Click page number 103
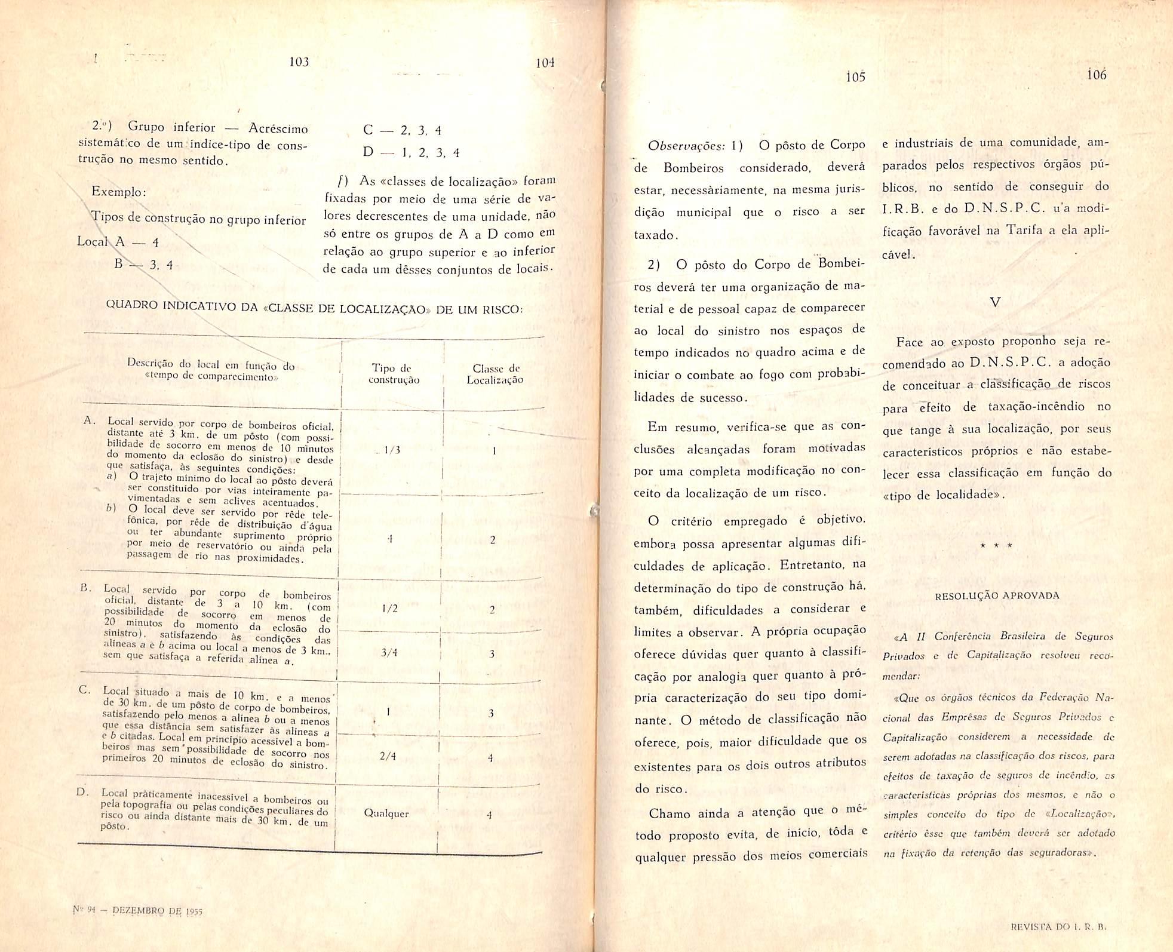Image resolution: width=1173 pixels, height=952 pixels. pos(299,62)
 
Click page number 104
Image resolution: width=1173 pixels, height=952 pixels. pos(545,63)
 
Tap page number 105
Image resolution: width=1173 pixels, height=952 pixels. pos(855,77)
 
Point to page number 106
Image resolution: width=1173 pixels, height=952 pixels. pos(1097,75)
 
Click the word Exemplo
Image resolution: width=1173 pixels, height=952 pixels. pos(118,192)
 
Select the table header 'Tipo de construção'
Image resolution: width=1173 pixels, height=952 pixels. pos(394,374)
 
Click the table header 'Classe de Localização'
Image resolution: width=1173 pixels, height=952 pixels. pos(495,374)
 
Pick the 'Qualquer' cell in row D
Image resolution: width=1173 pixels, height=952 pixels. pos(386,813)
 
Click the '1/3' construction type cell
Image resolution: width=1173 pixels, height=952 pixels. pos(392,450)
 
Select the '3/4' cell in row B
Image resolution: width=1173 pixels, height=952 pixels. pos(389,653)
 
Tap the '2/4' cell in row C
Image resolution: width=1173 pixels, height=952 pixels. pos(388,756)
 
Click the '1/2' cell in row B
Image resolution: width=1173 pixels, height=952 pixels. pos(389,609)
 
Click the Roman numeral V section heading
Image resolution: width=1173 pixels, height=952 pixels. pos(995,302)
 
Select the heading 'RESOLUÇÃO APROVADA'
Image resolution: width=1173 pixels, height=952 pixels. pos(997,595)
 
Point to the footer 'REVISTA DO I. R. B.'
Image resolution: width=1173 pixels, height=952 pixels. pos(1058,928)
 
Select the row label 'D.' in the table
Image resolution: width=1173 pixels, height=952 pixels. pos(82,793)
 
